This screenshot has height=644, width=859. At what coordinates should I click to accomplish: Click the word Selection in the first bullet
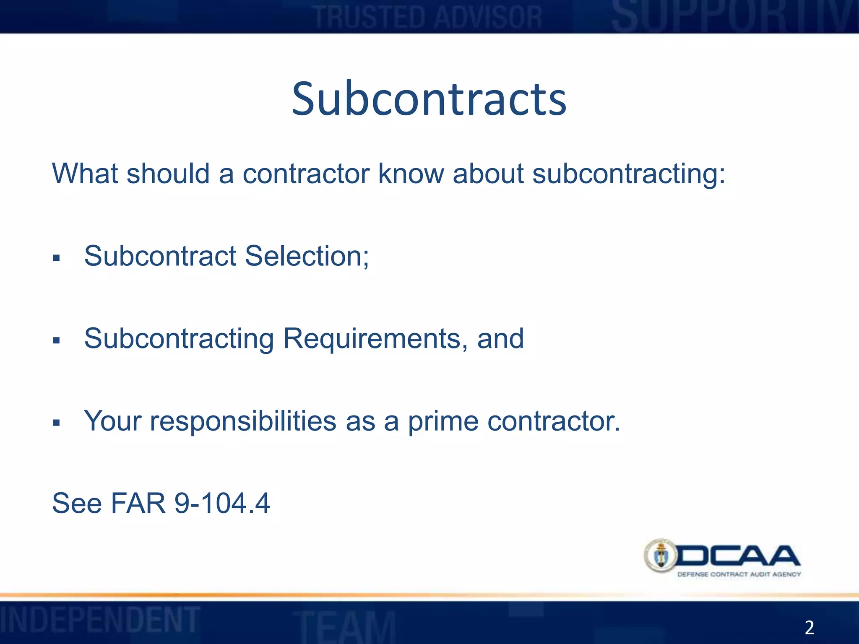[x=307, y=256]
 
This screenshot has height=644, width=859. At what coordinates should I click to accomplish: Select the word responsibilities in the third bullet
[x=243, y=421]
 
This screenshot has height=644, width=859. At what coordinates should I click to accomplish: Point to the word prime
[x=443, y=421]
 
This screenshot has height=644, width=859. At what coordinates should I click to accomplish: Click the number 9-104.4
[x=222, y=503]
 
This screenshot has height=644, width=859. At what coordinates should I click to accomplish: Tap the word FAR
[x=138, y=503]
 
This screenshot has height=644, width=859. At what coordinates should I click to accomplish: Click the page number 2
[x=809, y=627]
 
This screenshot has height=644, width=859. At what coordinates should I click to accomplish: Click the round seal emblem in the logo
[x=661, y=556]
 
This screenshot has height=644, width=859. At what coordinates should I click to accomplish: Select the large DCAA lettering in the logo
[x=738, y=556]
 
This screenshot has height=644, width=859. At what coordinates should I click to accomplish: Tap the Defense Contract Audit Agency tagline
[x=739, y=574]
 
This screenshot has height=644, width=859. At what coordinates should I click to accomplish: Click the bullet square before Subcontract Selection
[x=57, y=258]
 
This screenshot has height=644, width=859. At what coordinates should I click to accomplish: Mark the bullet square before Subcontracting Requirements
[x=57, y=340]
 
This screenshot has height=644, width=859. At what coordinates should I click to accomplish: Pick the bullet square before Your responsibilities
[x=57, y=423]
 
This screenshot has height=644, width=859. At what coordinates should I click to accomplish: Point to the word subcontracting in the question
[x=628, y=174]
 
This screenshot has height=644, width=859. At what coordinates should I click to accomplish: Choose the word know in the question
[x=411, y=174]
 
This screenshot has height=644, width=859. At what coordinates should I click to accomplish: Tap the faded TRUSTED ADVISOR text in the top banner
[x=428, y=18]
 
